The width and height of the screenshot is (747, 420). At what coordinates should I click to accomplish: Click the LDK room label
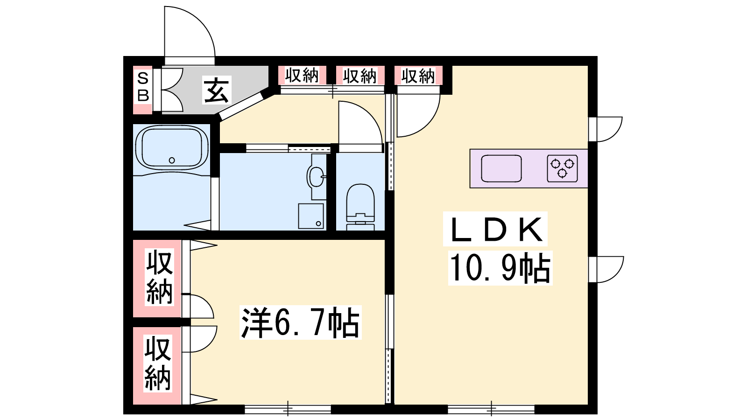(x=495, y=229)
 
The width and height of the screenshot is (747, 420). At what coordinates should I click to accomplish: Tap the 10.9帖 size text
(x=500, y=268)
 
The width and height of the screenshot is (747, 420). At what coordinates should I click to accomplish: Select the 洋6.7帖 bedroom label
(x=301, y=322)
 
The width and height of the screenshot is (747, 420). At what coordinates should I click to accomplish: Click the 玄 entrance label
(x=217, y=90)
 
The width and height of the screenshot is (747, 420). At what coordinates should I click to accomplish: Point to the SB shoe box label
(x=143, y=87)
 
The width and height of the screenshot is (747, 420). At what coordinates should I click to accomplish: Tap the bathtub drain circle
(x=172, y=161)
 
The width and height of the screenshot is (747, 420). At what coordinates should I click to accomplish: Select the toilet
(x=360, y=207)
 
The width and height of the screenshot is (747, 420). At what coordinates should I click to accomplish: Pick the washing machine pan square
(x=311, y=216)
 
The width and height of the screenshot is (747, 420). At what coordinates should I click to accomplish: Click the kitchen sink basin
(x=501, y=168)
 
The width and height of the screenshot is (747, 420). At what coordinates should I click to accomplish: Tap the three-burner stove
(x=562, y=168)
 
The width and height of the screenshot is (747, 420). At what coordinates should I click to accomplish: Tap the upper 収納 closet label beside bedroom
(x=159, y=277)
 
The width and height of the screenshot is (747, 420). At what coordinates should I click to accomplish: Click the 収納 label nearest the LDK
(x=418, y=76)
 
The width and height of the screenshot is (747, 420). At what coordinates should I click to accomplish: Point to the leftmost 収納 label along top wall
(x=302, y=75)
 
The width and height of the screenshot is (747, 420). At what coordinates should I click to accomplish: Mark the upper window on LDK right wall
(x=605, y=129)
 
